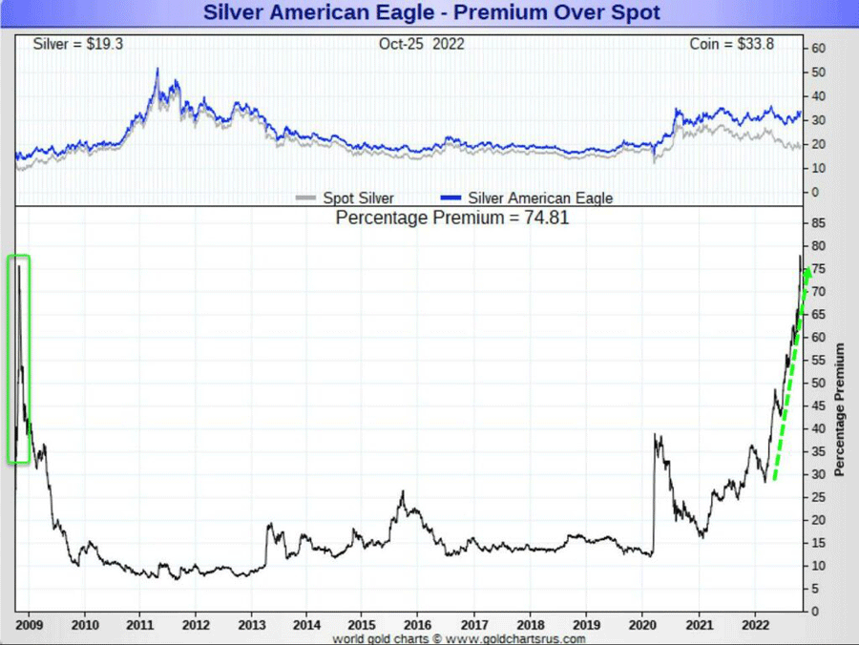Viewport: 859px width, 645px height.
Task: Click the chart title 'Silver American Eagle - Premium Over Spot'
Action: [431, 13]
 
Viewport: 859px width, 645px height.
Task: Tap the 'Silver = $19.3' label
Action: [72, 45]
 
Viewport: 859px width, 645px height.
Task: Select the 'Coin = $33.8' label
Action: [734, 45]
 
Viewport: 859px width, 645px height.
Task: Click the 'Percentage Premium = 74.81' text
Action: [452, 217]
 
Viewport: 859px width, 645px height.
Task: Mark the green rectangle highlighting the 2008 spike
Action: [18, 359]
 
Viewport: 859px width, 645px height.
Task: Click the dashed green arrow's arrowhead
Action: [807, 275]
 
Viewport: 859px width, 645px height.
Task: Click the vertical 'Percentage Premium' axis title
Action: [840, 410]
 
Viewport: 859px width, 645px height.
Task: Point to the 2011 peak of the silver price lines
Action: [157, 72]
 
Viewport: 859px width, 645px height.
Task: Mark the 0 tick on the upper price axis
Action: [816, 192]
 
